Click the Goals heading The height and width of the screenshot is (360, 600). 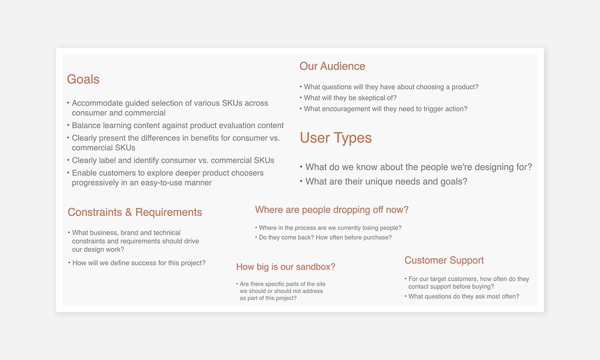83,79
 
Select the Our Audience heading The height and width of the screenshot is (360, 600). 332,66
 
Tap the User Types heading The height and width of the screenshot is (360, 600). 336,138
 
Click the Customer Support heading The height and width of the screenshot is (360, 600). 444,260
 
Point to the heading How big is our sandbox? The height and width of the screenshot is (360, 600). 286,267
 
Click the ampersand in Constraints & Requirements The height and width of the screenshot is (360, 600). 128,212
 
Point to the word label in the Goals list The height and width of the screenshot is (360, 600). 107,160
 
